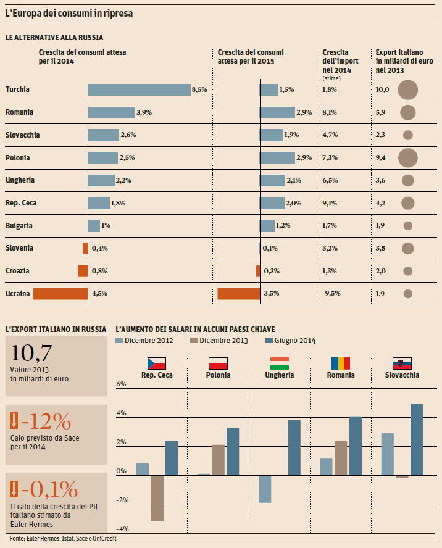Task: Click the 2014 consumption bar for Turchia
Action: tap(139, 90)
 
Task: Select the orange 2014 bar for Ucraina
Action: tap(60, 293)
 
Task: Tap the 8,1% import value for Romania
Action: tap(330, 112)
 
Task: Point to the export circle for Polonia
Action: tap(408, 158)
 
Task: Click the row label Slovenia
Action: tap(19, 248)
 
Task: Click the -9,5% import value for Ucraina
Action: tap(331, 293)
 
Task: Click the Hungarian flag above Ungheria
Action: tap(280, 363)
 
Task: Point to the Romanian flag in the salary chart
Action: tap(340, 363)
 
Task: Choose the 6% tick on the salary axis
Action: tap(121, 384)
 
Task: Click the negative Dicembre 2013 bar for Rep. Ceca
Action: tap(157, 498)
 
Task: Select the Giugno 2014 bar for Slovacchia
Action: tap(417, 439)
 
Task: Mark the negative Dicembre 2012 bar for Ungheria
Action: tap(265, 489)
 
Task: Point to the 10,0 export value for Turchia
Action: tap(383, 90)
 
